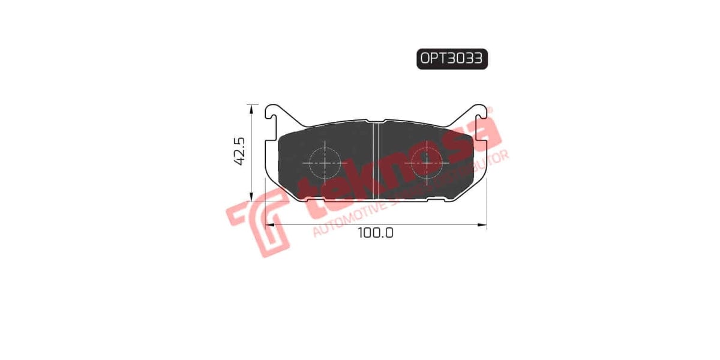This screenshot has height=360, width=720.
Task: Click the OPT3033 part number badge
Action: [452, 59]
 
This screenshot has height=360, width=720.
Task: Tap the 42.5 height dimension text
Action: [239, 151]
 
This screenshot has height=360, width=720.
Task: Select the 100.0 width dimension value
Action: [376, 233]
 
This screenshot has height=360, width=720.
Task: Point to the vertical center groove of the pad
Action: [376, 161]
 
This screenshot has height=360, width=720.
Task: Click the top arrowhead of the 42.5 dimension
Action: [250, 107]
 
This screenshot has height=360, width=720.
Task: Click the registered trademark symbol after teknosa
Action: [489, 111]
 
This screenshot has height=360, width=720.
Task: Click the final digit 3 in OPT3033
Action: [479, 59]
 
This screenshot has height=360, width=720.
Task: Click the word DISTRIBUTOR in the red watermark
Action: [474, 169]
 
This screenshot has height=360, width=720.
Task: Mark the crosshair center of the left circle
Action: [325, 162]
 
